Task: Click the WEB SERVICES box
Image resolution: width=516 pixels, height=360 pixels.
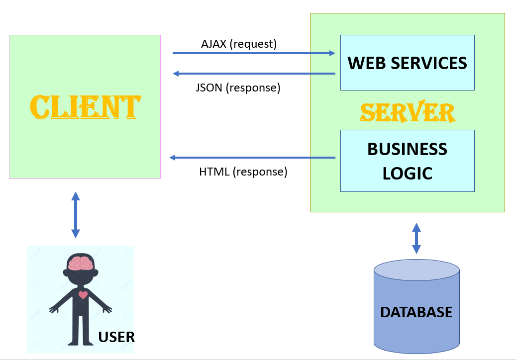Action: tap(407, 63)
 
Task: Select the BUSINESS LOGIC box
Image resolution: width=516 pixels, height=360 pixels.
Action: tap(407, 161)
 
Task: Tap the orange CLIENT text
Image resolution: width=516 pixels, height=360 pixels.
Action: tap(85, 106)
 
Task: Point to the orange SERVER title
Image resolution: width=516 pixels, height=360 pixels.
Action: tap(408, 112)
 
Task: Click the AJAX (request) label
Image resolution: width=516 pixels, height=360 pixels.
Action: tap(239, 44)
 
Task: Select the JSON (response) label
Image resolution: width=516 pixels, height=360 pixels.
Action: tap(238, 88)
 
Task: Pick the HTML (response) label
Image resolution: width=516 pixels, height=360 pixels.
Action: tap(243, 172)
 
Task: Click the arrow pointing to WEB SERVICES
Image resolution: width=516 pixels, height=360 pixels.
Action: tap(254, 53)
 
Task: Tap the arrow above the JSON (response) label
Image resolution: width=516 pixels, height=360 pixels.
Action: tap(254, 74)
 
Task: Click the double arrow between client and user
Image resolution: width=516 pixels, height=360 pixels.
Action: tap(75, 214)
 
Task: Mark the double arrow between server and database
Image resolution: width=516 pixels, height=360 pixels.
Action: tap(416, 238)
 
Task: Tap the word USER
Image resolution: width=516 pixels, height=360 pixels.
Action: tap(116, 337)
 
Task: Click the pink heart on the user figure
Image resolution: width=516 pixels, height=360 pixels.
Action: tap(83, 294)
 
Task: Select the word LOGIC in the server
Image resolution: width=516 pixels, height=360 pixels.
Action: tap(407, 173)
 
